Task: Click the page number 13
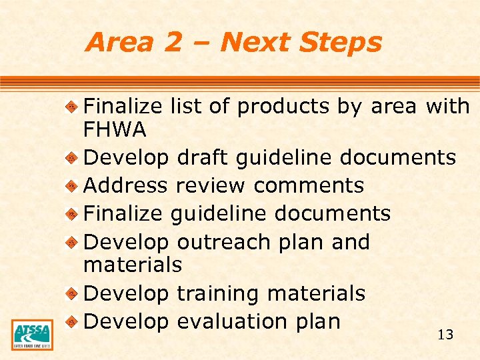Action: coord(445,335)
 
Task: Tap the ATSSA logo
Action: coord(32,334)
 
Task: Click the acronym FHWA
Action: coord(115,129)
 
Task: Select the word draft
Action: coord(203,158)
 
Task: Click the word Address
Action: coord(126,185)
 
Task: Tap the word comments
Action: coord(309,185)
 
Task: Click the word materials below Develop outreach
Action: coord(132,265)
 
